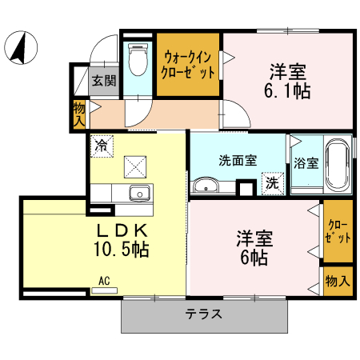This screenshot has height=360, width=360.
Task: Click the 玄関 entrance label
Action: (x=103, y=80)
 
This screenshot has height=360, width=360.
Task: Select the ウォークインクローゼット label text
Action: (x=189, y=63)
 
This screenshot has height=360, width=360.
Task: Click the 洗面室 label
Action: (x=238, y=158)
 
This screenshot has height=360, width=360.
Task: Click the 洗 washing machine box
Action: (x=272, y=182)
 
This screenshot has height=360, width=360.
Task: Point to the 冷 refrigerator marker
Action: (x=102, y=146)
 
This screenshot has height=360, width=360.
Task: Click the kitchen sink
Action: (x=139, y=193)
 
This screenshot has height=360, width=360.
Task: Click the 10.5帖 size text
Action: (x=122, y=248)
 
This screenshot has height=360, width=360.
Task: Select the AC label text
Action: (x=104, y=280)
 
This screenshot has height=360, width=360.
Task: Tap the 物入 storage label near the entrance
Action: (x=79, y=114)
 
